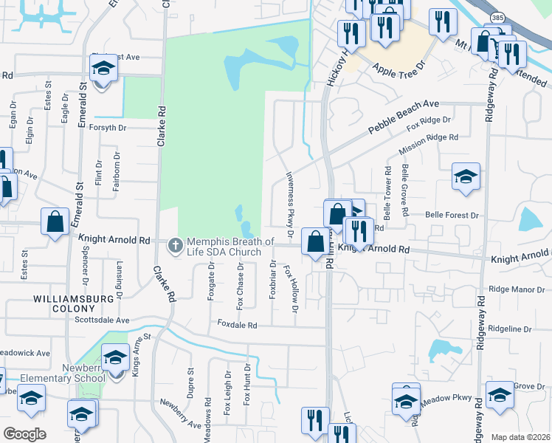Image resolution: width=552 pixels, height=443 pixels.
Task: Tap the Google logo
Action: (25, 433)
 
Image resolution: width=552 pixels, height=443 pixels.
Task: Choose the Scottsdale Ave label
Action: (102, 320)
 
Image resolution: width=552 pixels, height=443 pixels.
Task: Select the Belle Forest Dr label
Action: (452, 216)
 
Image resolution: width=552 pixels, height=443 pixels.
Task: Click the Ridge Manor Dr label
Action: (515, 290)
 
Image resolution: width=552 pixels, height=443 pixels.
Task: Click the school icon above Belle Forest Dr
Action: (466, 177)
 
